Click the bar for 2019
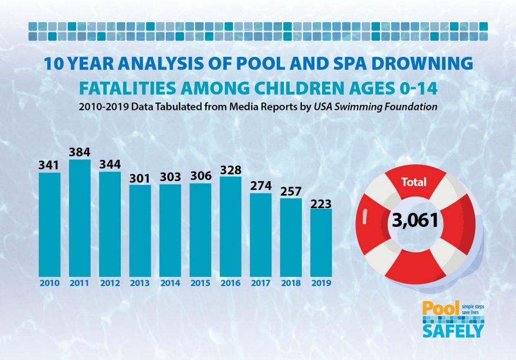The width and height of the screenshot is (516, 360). [x=321, y=242]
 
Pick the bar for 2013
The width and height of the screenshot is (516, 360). [x=140, y=230]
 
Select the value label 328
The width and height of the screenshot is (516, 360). [x=231, y=169]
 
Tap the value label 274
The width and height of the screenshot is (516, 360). [x=261, y=186]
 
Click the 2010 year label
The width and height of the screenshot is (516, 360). [x=49, y=283]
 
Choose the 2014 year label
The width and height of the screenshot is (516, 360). [x=170, y=283]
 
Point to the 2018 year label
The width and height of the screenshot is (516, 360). [x=291, y=283]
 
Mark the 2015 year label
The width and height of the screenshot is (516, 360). [x=201, y=283]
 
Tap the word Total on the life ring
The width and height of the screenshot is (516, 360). [x=414, y=182]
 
